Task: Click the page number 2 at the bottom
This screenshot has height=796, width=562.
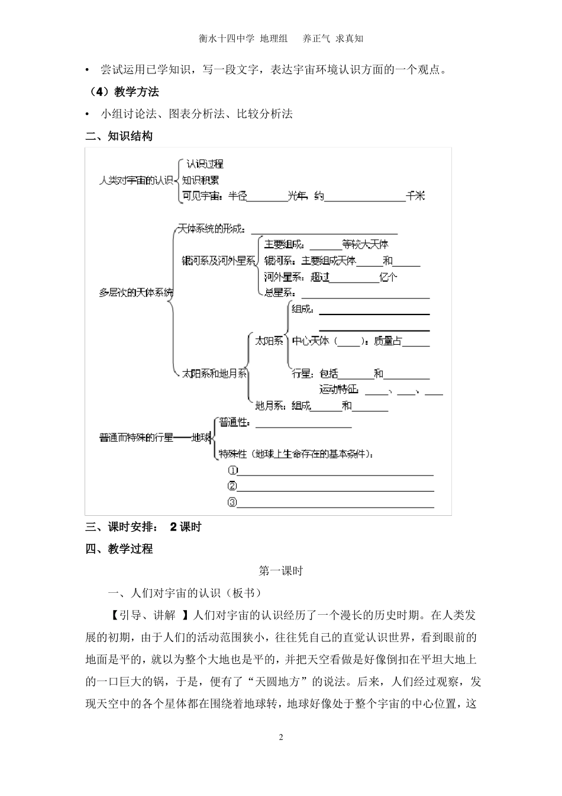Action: pos(281,737)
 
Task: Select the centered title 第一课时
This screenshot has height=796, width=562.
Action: pos(281,571)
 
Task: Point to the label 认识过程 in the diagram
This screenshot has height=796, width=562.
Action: pos(205,164)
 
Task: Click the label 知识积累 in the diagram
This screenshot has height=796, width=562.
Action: pos(201,180)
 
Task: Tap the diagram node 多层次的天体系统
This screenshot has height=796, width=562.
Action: pos(137,293)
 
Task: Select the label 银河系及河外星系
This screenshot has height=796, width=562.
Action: pos(218,261)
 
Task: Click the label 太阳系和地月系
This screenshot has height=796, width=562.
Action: pos(215,374)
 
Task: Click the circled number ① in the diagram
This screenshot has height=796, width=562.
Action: pos(232,470)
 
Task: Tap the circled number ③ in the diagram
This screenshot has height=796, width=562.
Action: pos(232,502)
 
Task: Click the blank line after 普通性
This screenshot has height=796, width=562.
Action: pos(303,424)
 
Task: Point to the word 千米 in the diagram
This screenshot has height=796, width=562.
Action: pos(415,197)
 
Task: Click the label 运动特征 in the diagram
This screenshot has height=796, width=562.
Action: pos(339,390)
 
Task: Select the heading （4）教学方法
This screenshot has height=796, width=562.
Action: pos(123,92)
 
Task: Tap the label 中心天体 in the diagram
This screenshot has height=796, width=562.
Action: pos(311,341)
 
